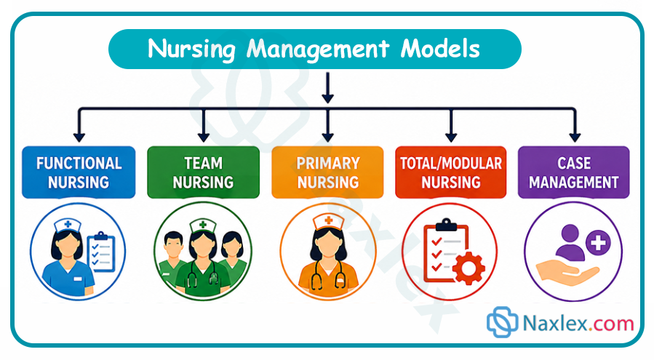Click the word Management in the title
tap(318, 49)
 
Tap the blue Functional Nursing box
tap(79, 172)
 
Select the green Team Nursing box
tap(203, 172)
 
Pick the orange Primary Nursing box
tap(327, 172)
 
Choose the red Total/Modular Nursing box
tap(451, 172)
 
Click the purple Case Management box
tap(573, 172)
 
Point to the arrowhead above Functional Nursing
tap(79, 137)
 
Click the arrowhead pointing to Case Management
tap(575, 137)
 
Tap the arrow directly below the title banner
tap(328, 87)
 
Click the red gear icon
tap(468, 268)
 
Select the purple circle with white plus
tap(598, 242)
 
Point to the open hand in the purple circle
tap(567, 273)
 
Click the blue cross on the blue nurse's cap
tap(68, 225)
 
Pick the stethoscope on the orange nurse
tap(329, 273)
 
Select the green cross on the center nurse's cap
tap(203, 225)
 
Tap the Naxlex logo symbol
tap(502, 321)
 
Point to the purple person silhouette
tap(570, 242)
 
